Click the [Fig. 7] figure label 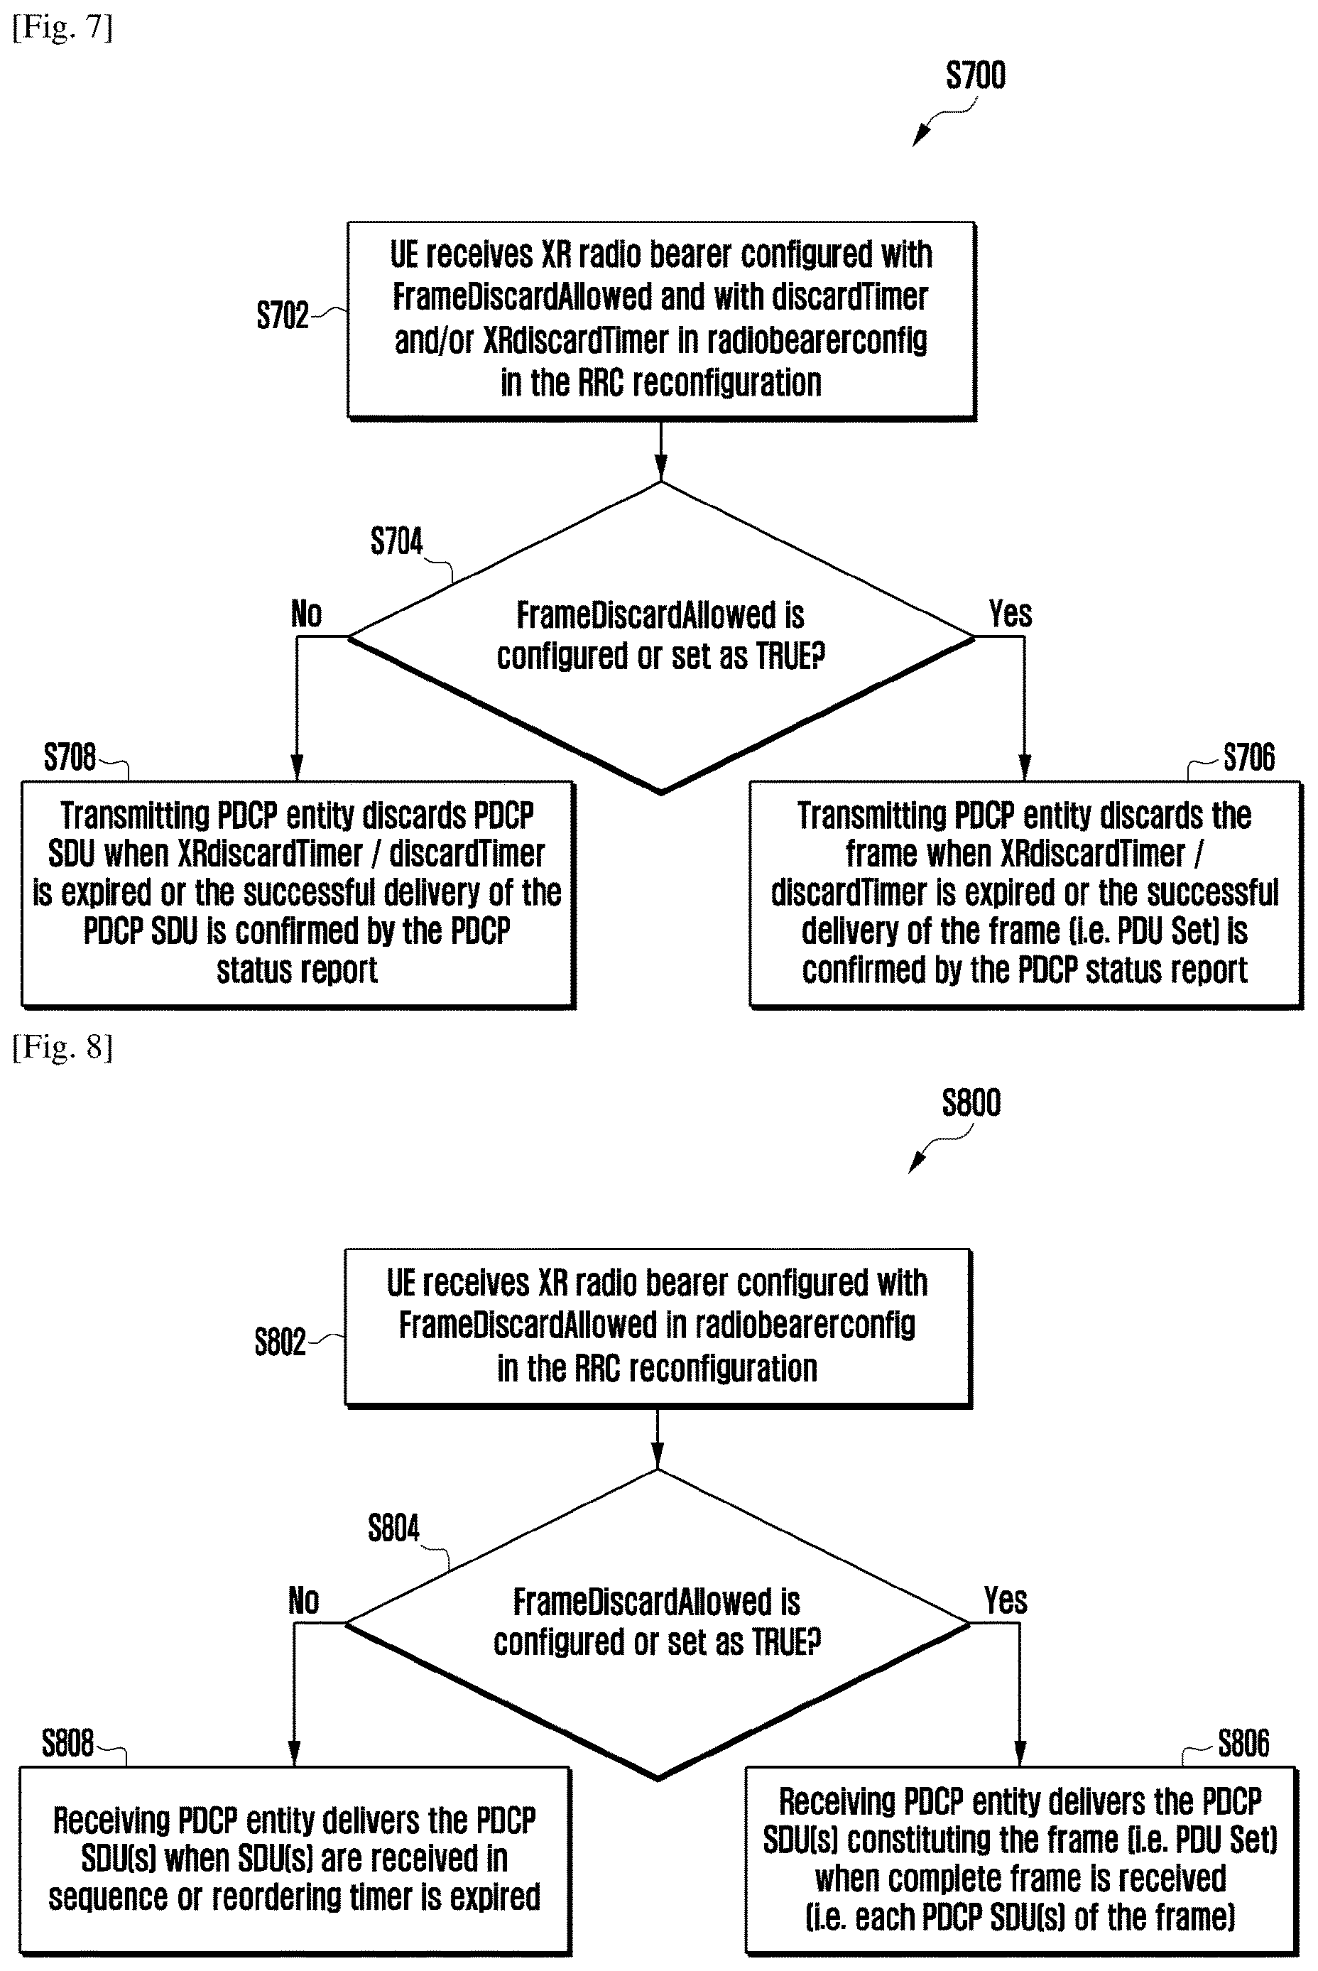[x=62, y=28]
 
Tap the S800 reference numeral [x=971, y=1103]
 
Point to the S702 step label [x=283, y=315]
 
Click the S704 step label [x=397, y=541]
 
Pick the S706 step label [x=1248, y=757]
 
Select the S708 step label [x=70, y=757]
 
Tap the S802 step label [x=281, y=1342]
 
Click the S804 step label [x=393, y=1528]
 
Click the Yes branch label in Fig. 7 [x=1010, y=614]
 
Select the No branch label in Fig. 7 [x=306, y=614]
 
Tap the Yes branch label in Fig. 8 [x=1006, y=1600]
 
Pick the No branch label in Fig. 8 [x=303, y=1600]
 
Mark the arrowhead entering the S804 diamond [x=658, y=1456]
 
